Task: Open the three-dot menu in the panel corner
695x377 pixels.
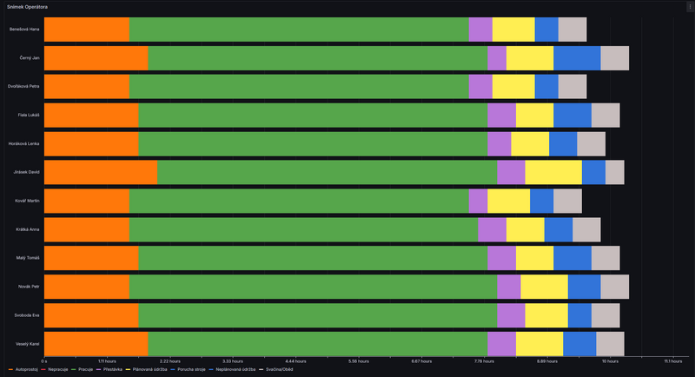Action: tap(687, 7)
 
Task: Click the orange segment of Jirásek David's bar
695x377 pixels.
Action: tap(101, 172)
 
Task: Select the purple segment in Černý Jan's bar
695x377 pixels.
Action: tap(497, 58)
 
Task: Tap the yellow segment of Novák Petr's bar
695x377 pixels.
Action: tap(544, 286)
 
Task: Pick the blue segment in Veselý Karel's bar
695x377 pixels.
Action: tap(579, 343)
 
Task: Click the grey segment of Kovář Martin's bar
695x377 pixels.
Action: tap(567, 201)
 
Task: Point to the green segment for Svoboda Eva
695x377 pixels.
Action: tap(317, 314)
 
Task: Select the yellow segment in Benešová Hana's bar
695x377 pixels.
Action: tap(513, 30)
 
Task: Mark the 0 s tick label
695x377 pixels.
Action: tap(44, 360)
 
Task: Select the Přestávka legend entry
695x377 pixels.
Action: tap(112, 370)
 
